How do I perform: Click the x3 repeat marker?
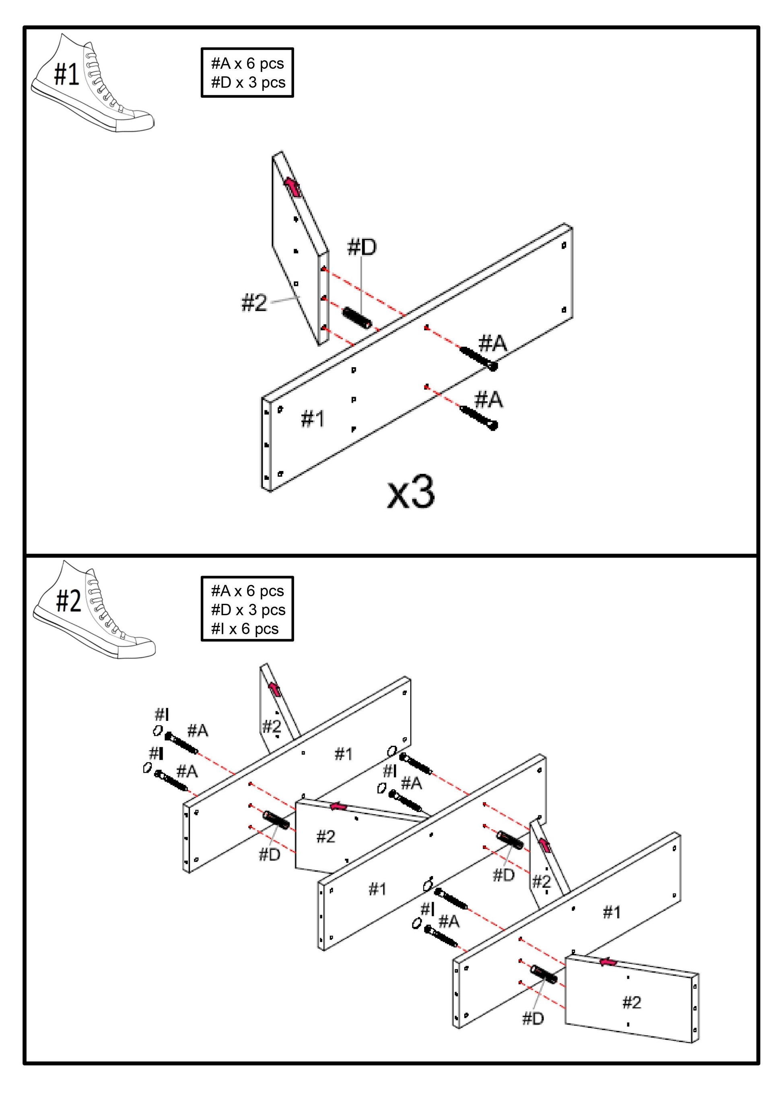(x=411, y=492)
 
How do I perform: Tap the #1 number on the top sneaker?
(x=66, y=74)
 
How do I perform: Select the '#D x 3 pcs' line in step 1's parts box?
(x=248, y=82)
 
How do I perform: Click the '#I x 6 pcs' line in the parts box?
(x=245, y=629)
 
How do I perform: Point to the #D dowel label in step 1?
(x=362, y=247)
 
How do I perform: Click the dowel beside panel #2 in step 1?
(x=357, y=318)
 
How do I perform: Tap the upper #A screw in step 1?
(x=478, y=358)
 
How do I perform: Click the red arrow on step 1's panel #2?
(x=292, y=187)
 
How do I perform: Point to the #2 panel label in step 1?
(x=253, y=303)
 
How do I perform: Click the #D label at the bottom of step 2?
(x=533, y=1018)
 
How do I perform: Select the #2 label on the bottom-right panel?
(x=632, y=1002)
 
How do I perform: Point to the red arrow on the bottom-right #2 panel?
(x=608, y=962)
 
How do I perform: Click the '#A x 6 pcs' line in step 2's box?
(x=247, y=591)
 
